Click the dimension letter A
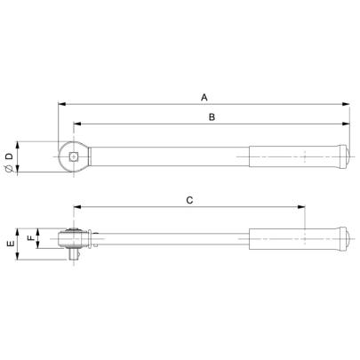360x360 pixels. tap(204, 96)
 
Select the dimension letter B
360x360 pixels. tap(211, 116)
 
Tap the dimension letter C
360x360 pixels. tap(189, 201)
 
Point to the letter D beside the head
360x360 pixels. tap(9, 156)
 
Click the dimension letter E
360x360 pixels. tap(9, 243)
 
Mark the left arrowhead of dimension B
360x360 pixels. tap(76, 124)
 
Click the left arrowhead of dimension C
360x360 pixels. tap(77, 209)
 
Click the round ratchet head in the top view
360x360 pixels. tap(72, 158)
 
